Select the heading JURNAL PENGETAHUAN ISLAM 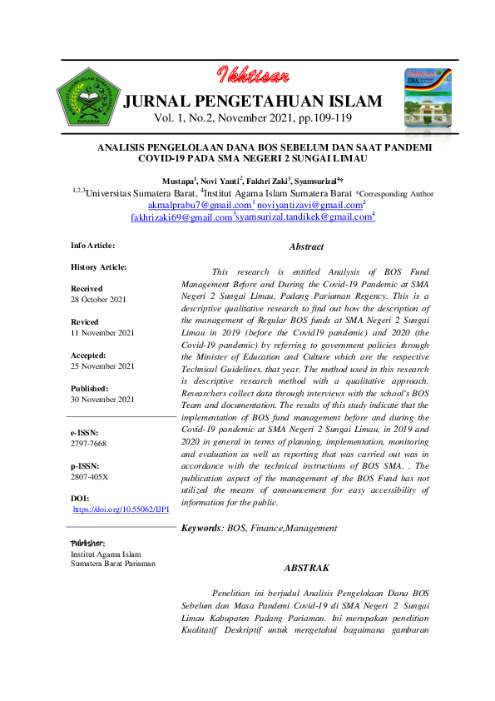pyautogui.click(x=252, y=102)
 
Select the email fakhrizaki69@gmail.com pyautogui.click(x=181, y=218)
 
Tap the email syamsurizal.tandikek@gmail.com pyautogui.click(x=304, y=218)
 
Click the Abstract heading pyautogui.click(x=305, y=247)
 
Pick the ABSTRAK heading pyautogui.click(x=306, y=568)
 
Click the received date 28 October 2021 pyautogui.click(x=99, y=299)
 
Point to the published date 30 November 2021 pyautogui.click(x=103, y=400)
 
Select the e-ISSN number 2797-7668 pyautogui.click(x=87, y=445)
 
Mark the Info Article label pyautogui.click(x=93, y=246)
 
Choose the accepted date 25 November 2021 pyautogui.click(x=103, y=366)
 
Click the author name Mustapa pyautogui.click(x=179, y=181)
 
